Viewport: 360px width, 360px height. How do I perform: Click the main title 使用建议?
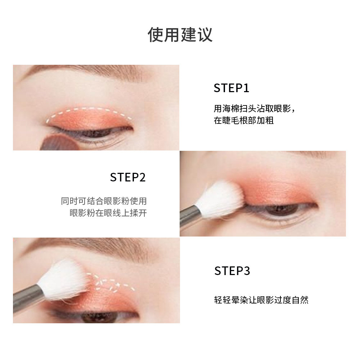click(180, 35)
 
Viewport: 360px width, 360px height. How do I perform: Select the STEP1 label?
click(231, 88)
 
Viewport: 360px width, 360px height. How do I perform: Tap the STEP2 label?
click(128, 177)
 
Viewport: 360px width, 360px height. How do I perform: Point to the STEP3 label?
click(232, 271)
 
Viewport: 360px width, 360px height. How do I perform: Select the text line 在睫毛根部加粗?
click(244, 120)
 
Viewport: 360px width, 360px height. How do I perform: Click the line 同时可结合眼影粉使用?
click(104, 201)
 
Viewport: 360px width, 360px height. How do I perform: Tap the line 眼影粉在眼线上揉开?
click(108, 213)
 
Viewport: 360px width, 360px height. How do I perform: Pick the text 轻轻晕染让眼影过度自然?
click(261, 300)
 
